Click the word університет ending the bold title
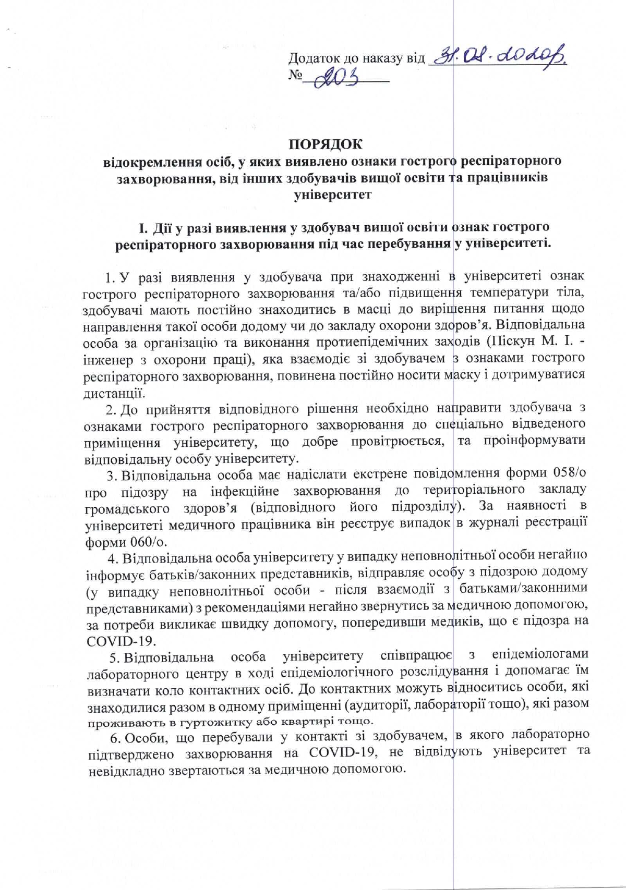(x=333, y=195)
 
